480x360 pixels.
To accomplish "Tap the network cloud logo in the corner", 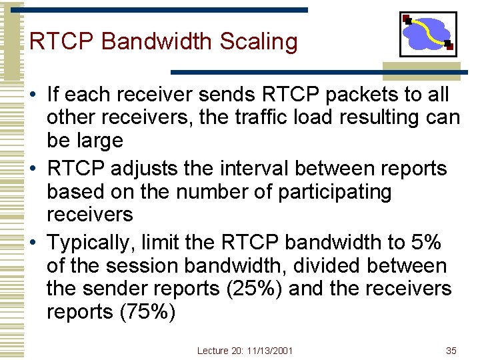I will click(428, 34).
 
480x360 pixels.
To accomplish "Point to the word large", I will click(99, 141).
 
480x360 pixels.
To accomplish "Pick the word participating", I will click(335, 192).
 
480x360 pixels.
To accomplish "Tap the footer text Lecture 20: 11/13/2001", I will click(245, 351).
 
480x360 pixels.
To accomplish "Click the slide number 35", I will click(451, 351).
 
